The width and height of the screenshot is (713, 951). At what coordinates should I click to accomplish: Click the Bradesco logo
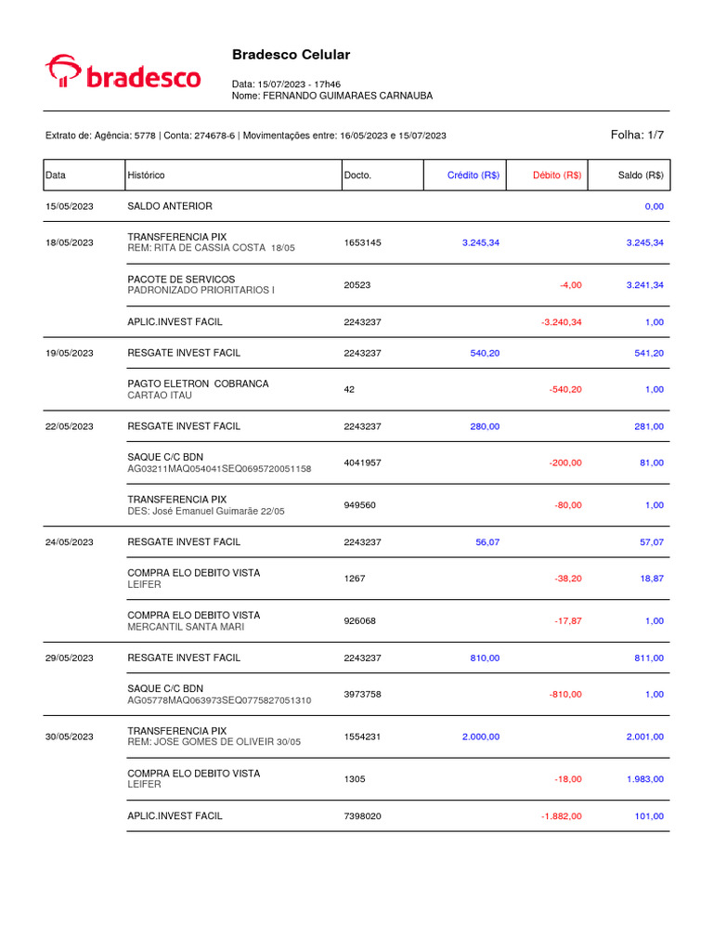click(x=123, y=72)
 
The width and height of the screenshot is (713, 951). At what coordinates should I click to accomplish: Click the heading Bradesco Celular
click(x=291, y=55)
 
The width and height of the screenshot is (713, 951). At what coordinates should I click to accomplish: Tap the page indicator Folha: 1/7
click(x=637, y=135)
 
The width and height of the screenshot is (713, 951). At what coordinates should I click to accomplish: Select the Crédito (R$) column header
click(x=473, y=175)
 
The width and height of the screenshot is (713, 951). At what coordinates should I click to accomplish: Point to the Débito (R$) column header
click(x=557, y=175)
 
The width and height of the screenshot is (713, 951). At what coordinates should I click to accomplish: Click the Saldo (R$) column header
click(x=641, y=175)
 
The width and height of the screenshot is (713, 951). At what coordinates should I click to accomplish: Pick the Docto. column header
click(x=357, y=175)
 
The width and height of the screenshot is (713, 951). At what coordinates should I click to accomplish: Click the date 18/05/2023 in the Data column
click(x=70, y=242)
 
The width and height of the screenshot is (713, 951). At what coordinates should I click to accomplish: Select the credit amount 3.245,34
click(x=481, y=242)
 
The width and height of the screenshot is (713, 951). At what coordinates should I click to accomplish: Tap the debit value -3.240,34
click(x=561, y=321)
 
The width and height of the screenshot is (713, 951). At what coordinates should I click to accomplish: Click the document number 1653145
click(x=362, y=242)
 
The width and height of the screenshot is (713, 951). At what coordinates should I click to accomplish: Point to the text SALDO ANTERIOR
click(x=169, y=205)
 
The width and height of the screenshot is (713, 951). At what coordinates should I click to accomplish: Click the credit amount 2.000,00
click(x=481, y=736)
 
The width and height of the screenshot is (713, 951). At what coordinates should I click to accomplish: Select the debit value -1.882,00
click(x=561, y=816)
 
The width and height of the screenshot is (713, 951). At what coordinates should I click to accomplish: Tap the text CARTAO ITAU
click(x=160, y=396)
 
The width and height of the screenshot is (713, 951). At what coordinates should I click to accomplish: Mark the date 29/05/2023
click(x=70, y=658)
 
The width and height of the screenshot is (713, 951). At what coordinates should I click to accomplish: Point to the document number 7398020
click(x=363, y=816)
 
